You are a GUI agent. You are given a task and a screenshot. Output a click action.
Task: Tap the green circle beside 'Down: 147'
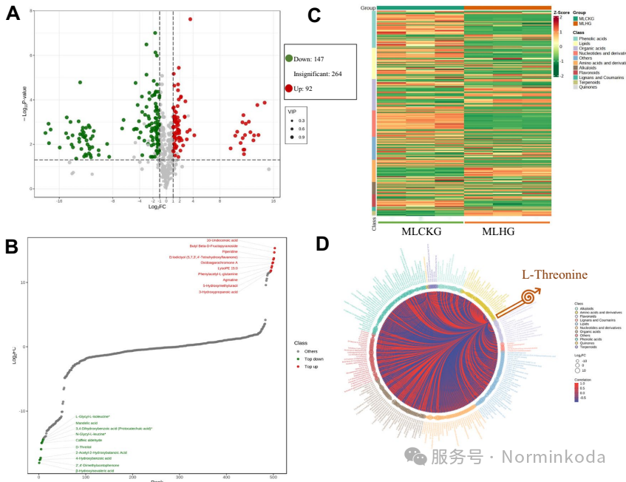(x=289, y=58)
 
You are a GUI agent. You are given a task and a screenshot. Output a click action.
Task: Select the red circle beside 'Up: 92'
(x=289, y=89)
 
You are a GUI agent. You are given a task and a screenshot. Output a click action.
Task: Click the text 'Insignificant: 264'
(x=317, y=74)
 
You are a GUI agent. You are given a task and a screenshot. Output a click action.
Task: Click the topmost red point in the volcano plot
(x=190, y=19)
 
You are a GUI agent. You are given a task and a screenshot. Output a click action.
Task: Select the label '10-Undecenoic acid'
(x=222, y=240)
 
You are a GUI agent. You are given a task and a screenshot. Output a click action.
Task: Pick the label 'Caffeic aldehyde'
(x=89, y=440)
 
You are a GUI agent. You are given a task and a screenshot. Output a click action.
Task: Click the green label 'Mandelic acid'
(x=86, y=423)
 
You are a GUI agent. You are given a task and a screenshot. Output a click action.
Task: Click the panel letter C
(x=314, y=13)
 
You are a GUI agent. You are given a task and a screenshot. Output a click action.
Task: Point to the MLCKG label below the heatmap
(x=421, y=232)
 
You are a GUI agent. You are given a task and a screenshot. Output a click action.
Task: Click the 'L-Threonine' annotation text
(x=554, y=275)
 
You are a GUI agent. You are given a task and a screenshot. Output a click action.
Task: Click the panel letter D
(x=322, y=245)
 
